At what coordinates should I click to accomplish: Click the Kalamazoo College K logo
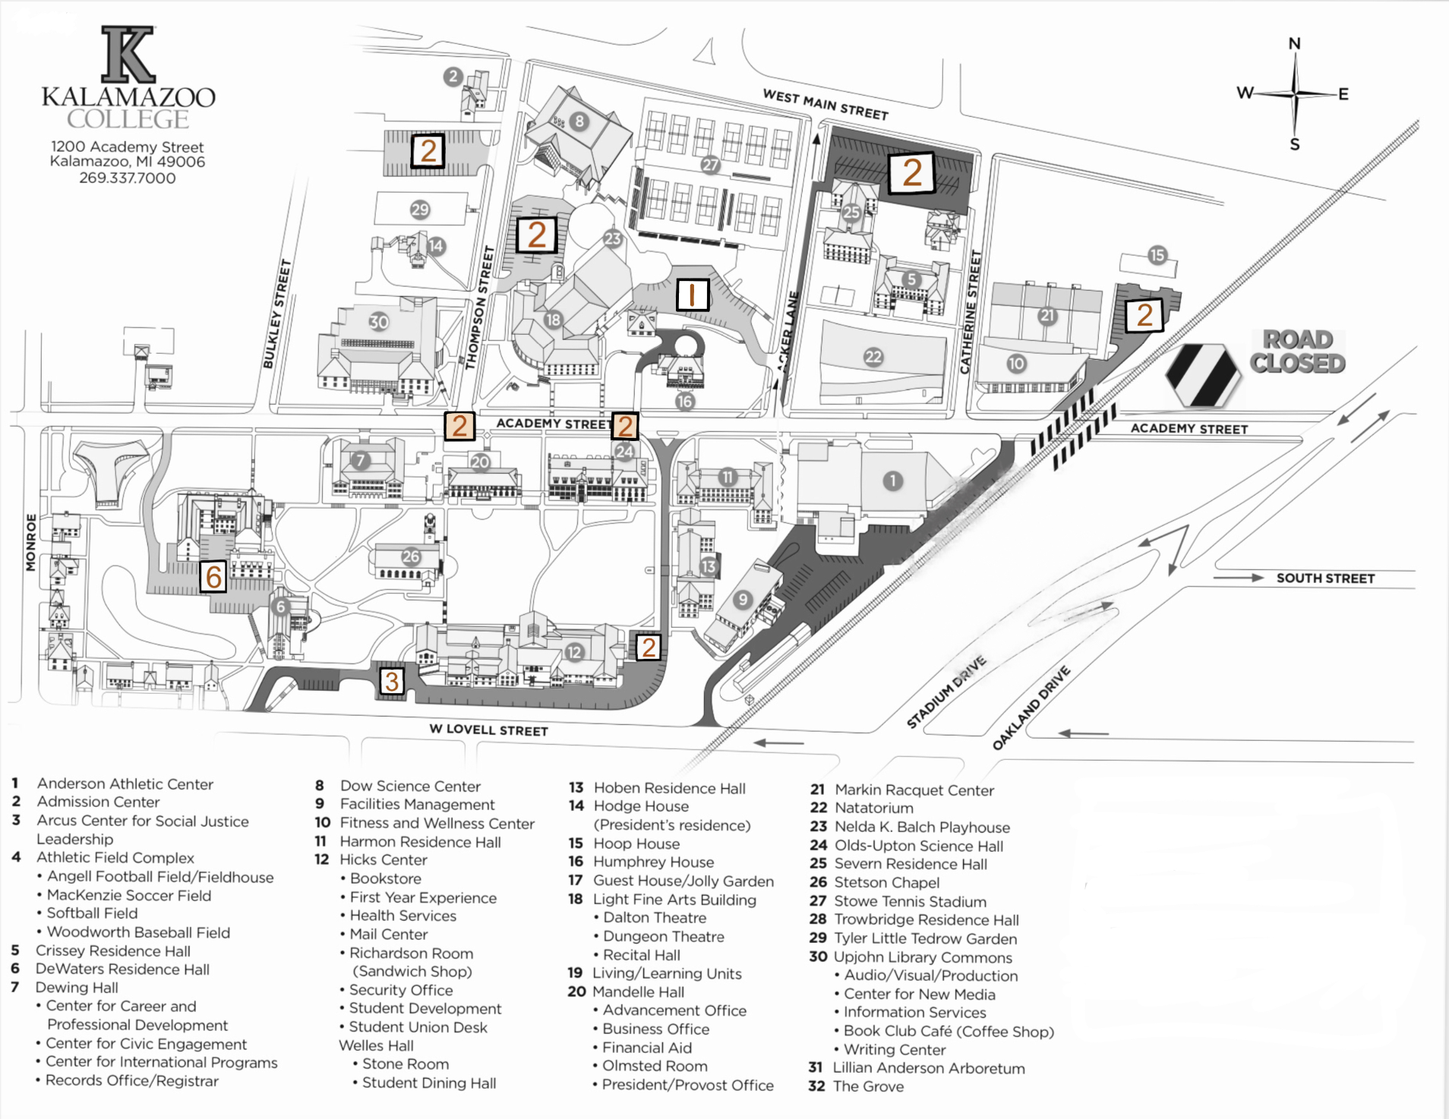tap(128, 55)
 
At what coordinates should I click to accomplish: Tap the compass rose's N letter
tap(1295, 44)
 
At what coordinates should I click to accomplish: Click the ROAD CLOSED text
tap(1298, 351)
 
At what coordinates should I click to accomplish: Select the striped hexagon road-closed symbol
tap(1202, 375)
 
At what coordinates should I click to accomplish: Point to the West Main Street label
tap(826, 105)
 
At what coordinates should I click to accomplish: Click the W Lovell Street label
tap(488, 730)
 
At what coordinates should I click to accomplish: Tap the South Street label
tap(1325, 578)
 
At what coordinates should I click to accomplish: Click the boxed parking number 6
tap(214, 577)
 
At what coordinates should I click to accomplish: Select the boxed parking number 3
tap(392, 681)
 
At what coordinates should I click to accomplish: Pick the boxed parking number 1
tap(692, 295)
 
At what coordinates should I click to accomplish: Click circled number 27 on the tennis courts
tap(710, 165)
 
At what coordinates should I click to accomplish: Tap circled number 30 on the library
tap(378, 322)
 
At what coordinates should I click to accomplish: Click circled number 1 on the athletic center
tap(893, 481)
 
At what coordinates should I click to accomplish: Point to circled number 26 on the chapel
tap(411, 556)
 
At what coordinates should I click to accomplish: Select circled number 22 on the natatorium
tap(873, 357)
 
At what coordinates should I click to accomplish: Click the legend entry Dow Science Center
tap(410, 786)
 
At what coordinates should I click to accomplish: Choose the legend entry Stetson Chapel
tap(886, 882)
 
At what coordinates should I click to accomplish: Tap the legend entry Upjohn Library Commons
tap(923, 957)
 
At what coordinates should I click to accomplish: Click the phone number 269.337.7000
tap(128, 178)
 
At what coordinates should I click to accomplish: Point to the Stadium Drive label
tap(946, 692)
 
